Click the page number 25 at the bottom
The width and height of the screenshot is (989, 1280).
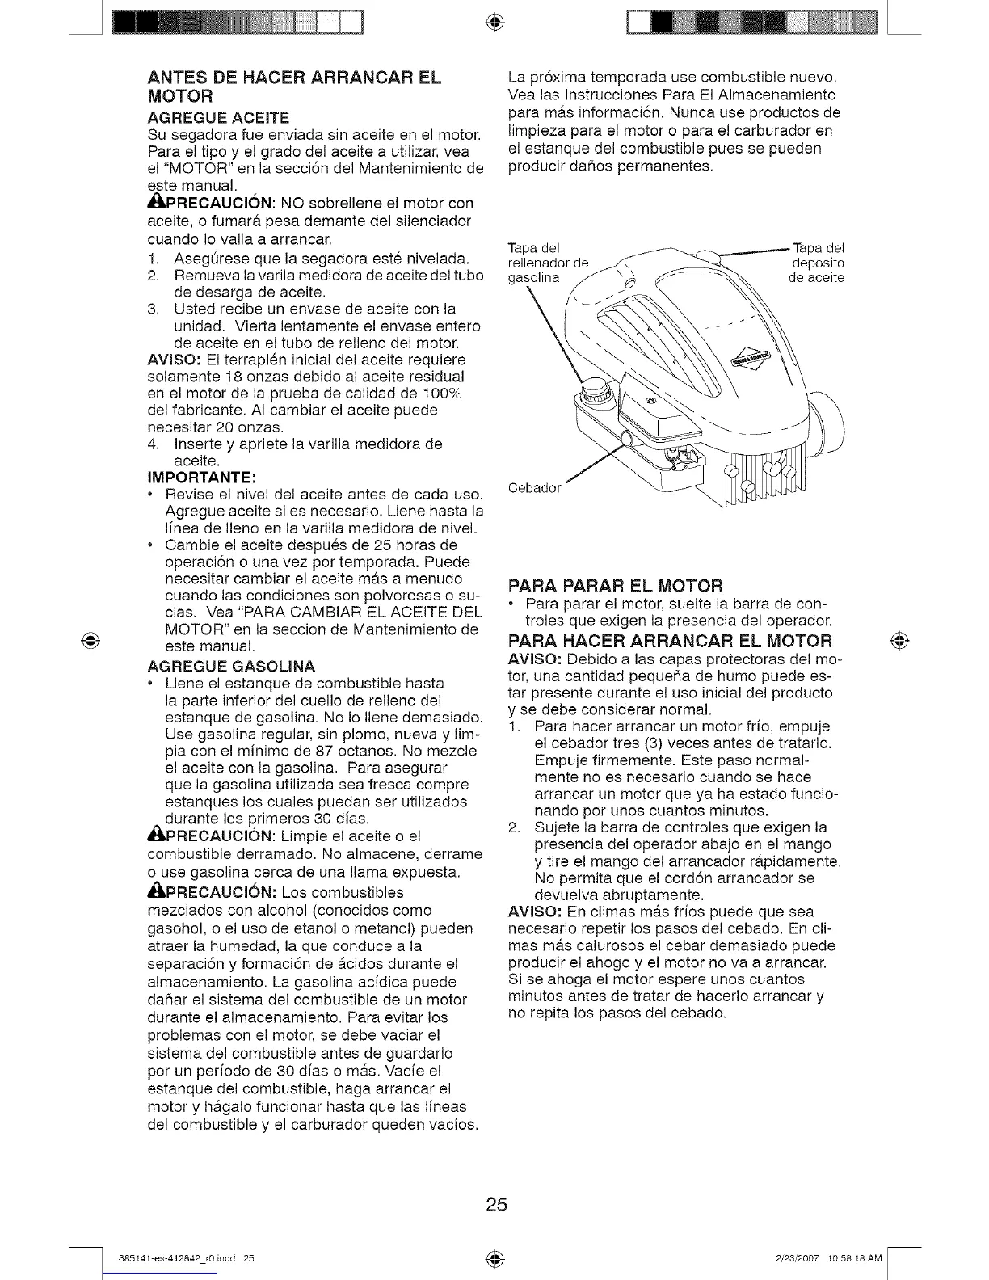495,1205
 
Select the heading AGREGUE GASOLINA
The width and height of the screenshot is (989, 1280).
231,666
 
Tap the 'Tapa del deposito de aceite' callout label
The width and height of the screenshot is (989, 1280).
816,263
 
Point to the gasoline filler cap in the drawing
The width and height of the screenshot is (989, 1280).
596,392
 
